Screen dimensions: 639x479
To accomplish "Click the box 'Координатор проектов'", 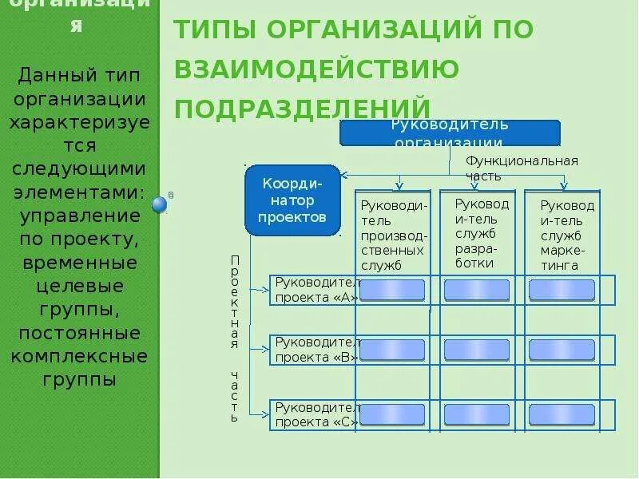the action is click(292, 200).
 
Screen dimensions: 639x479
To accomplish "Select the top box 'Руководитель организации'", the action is click(450, 133).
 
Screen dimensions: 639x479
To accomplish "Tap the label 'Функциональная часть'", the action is click(522, 168).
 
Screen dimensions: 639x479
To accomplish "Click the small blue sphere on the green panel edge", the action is click(160, 204).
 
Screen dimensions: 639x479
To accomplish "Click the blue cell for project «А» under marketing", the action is click(562, 290).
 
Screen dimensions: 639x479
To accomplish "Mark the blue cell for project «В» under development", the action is click(476, 350).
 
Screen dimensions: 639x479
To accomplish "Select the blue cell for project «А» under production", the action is click(392, 290).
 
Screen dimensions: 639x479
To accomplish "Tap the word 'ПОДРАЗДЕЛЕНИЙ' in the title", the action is click(303, 109).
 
